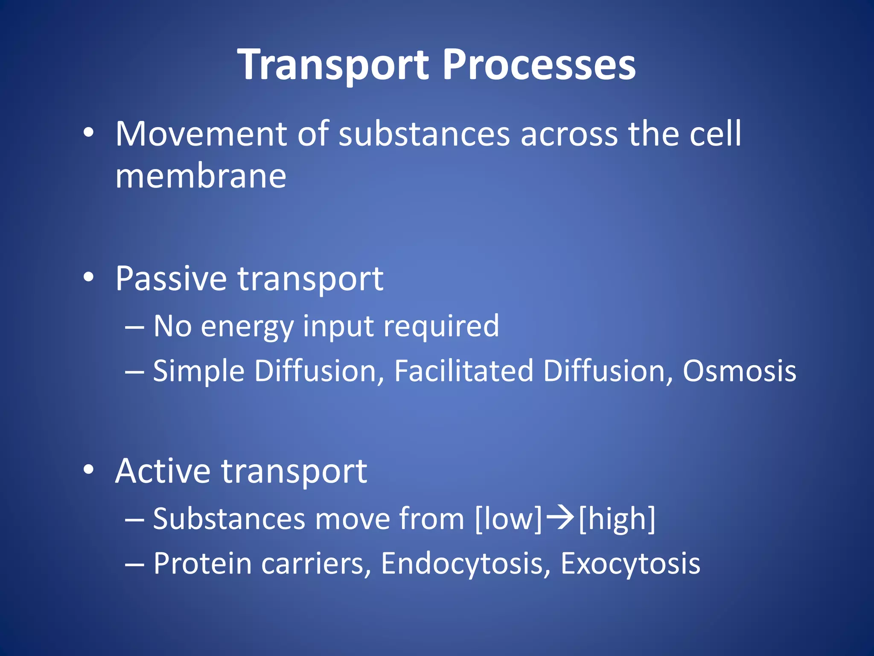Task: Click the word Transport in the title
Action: [x=333, y=65]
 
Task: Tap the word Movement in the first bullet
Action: [x=201, y=134]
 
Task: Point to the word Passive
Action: [x=171, y=279]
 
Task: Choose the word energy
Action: [x=247, y=327]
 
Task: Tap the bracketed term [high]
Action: [x=617, y=519]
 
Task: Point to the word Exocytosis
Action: [x=630, y=564]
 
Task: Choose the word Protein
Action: [x=203, y=564]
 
